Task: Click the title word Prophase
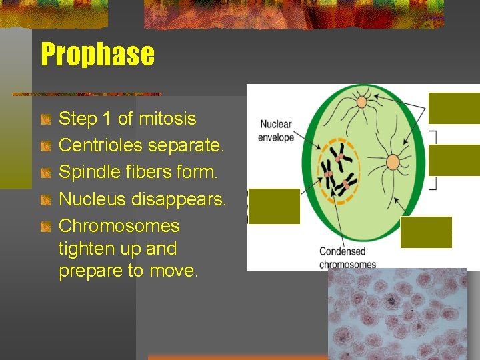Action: [97, 55]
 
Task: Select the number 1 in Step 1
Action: [106, 119]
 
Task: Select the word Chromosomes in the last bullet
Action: [119, 225]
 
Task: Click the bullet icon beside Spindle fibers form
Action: [45, 173]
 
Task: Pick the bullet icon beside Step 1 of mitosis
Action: [45, 119]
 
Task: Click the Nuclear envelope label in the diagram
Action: [276, 131]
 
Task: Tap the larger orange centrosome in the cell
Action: [393, 162]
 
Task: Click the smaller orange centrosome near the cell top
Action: [362, 102]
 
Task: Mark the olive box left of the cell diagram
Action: [274, 206]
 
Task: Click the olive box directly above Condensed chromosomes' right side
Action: [426, 232]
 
